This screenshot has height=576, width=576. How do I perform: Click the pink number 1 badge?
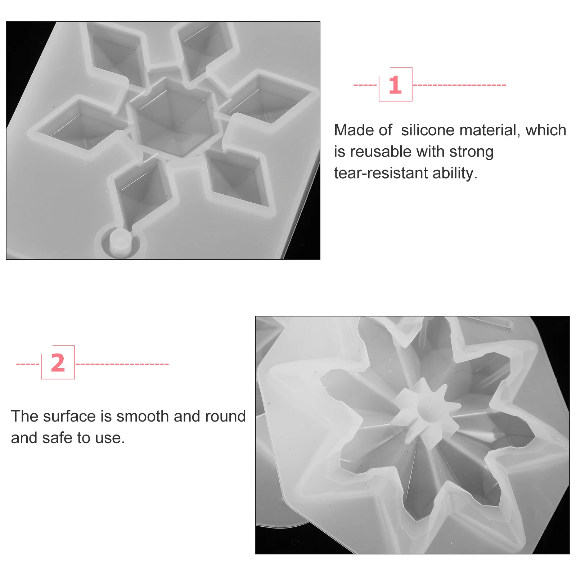[395, 85]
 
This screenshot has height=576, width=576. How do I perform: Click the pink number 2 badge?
[58, 363]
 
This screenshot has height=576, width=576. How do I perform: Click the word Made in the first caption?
[351, 130]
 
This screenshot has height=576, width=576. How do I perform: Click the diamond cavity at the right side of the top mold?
[266, 101]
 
